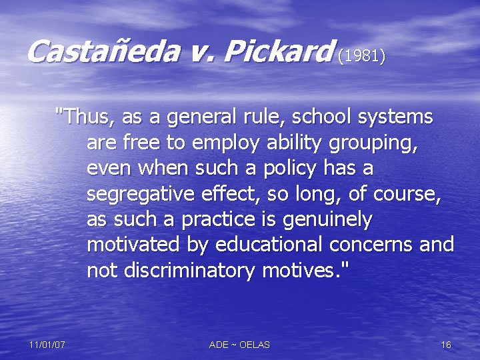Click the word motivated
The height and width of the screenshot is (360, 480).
[133, 245]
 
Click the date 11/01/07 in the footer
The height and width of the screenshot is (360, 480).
[47, 345]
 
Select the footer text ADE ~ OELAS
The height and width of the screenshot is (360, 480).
[239, 345]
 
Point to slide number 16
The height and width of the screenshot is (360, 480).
[446, 345]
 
